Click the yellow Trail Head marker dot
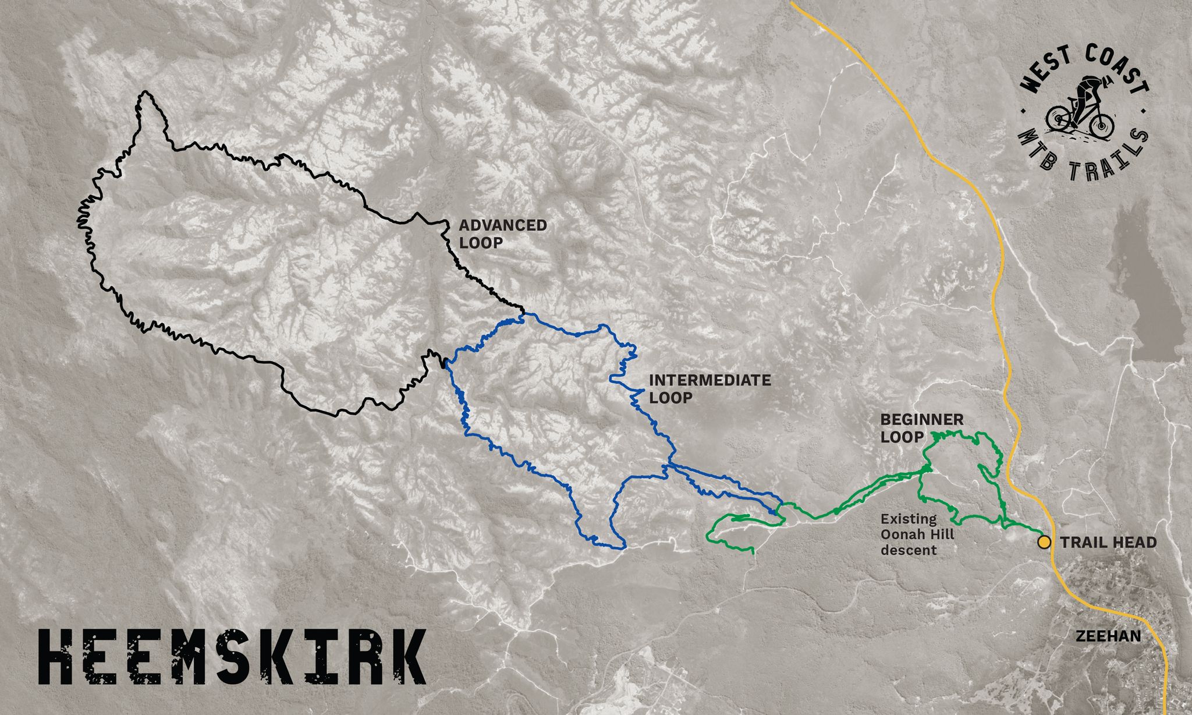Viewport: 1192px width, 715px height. tap(1044, 543)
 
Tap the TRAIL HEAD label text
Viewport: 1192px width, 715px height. tap(1108, 543)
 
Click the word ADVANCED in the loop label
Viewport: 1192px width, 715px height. tap(503, 225)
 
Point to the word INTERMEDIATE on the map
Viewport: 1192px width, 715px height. tap(709, 381)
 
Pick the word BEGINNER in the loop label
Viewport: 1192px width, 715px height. tap(921, 419)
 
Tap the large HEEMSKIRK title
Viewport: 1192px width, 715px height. tap(232, 657)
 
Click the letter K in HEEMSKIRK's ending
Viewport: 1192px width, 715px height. tap(403, 657)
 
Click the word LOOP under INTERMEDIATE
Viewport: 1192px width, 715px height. tap(670, 398)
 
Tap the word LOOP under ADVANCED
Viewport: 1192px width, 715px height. tap(480, 243)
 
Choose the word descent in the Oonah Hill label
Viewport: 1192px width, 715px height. tap(909, 550)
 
